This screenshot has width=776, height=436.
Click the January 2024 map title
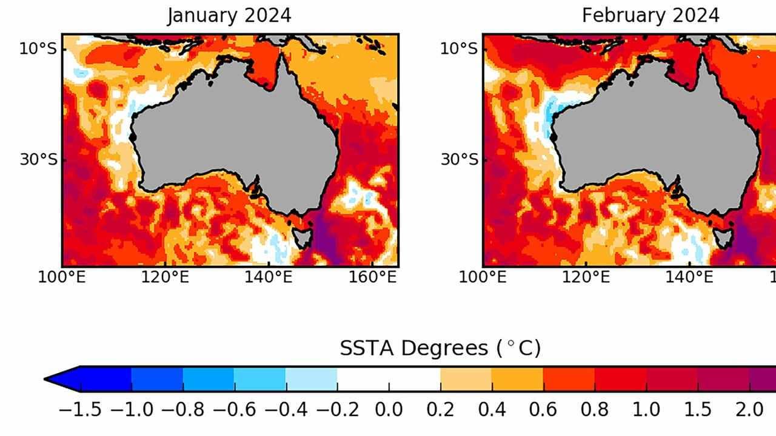229,16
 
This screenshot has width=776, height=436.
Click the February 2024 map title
651,16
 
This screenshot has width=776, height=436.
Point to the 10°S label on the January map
38,48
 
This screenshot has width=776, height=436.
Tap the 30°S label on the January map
38,160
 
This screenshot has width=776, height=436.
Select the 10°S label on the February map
458,48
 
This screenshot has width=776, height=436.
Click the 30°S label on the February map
458,160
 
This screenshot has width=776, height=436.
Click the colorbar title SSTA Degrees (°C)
440,348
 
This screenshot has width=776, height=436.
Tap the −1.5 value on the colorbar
79,410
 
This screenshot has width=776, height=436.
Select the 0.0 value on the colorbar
389,410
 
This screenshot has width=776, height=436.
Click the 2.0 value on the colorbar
749,410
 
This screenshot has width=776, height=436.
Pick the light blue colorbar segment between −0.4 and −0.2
311,380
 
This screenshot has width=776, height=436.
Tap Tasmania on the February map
723,237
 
